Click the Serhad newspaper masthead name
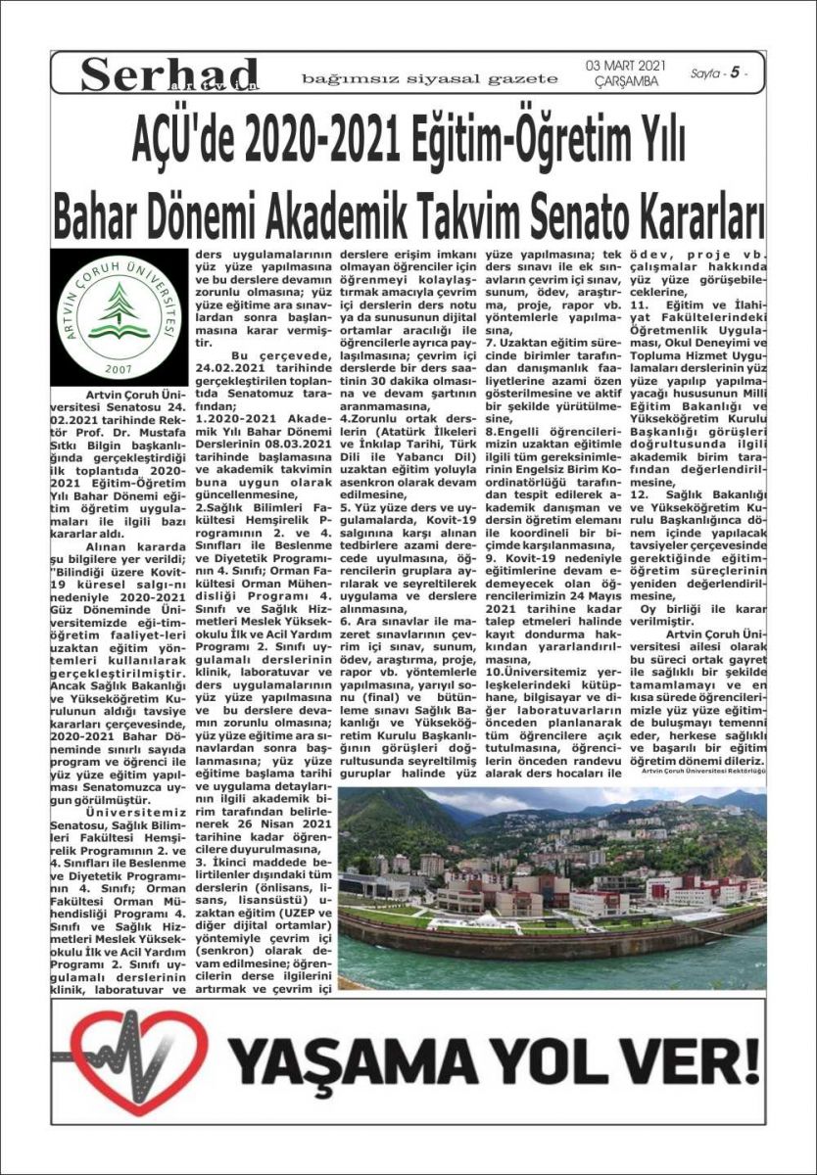tap(168, 74)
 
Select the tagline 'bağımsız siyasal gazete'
tap(429, 78)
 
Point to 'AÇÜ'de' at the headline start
tap(185, 143)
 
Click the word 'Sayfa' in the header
tap(704, 73)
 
